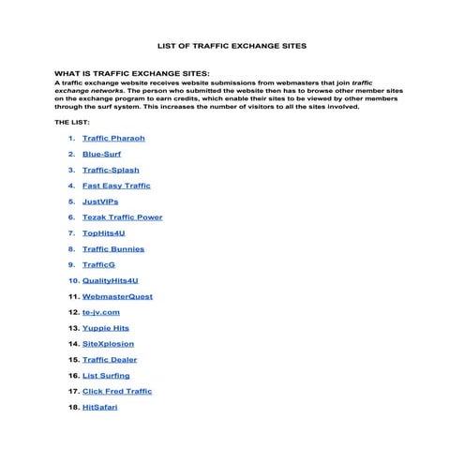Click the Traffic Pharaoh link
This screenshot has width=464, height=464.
[113, 139]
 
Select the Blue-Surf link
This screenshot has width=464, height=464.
[101, 155]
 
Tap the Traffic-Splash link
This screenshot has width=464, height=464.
[112, 171]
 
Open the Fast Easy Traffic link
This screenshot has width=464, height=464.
[116, 186]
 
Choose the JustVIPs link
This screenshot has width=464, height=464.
[100, 202]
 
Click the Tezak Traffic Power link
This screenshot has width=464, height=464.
[122, 217]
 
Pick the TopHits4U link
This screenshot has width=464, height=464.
[104, 233]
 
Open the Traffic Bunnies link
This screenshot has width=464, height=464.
[112, 249]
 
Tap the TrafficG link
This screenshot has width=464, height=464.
[98, 265]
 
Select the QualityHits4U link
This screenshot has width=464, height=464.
[111, 280]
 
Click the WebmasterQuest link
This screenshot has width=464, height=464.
[117, 296]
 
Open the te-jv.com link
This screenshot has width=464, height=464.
[101, 312]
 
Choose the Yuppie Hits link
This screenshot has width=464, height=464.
[106, 328]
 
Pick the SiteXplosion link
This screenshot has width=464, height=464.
[109, 344]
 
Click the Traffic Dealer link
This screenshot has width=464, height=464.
[110, 360]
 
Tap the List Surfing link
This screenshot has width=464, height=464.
[106, 376]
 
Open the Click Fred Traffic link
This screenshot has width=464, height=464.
[116, 392]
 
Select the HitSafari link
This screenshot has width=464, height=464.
[100, 408]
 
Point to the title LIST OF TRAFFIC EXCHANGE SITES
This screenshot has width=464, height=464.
[232, 45]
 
